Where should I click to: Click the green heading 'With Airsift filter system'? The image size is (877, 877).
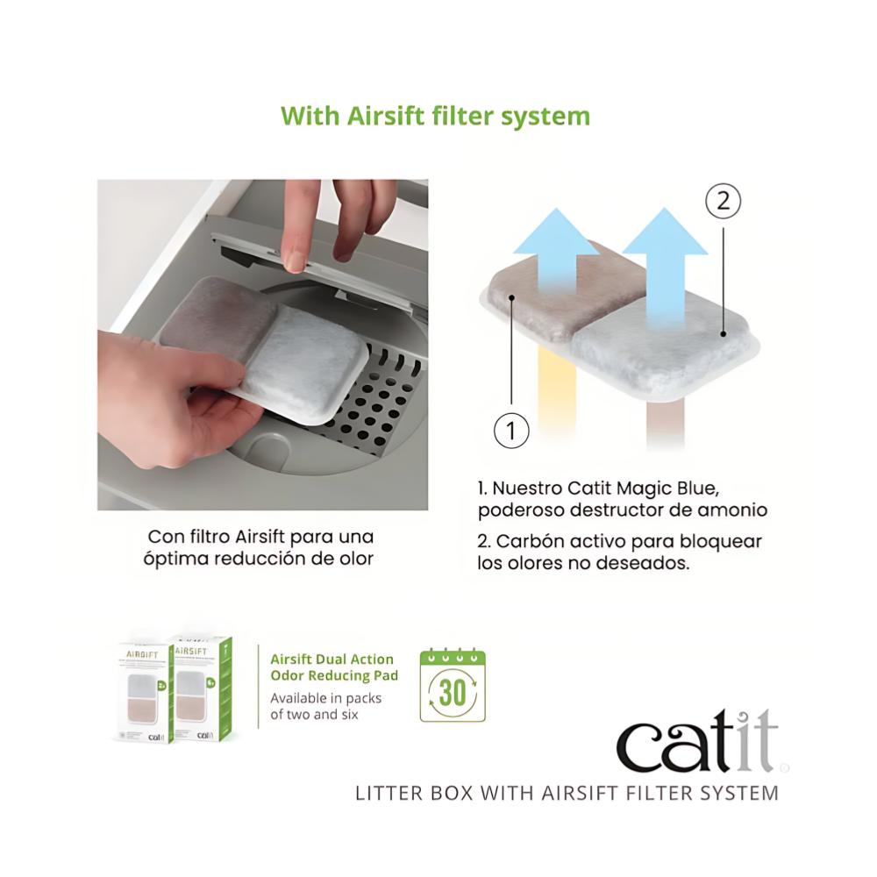(x=435, y=116)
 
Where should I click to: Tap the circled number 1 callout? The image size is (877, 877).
(x=511, y=431)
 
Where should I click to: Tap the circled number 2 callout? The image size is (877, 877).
(x=723, y=202)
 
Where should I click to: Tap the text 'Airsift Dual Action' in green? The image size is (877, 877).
(x=332, y=659)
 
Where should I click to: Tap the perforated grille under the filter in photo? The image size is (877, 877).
(x=377, y=403)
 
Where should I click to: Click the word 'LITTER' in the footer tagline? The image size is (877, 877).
(x=382, y=793)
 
